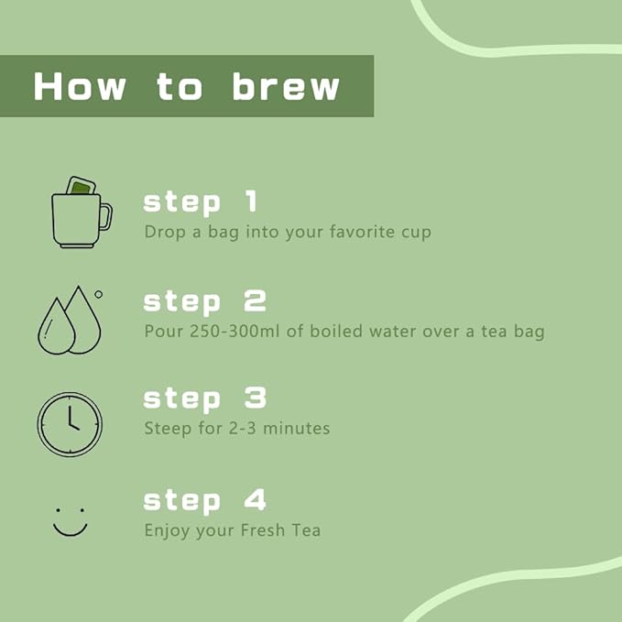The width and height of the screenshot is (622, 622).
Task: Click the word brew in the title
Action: [x=286, y=86]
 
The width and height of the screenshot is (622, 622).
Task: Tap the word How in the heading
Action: [x=80, y=86]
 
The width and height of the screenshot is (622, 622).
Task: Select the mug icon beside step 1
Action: [x=82, y=213]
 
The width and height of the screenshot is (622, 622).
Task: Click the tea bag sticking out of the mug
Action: [x=82, y=186]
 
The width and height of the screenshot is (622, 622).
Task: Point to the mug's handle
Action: [x=106, y=216]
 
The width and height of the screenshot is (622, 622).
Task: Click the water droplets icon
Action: [x=70, y=320]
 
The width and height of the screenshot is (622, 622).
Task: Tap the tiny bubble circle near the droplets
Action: [x=98, y=294]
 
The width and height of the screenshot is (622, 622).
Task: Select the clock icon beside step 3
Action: [x=70, y=424]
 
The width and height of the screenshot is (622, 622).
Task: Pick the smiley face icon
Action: [x=71, y=522]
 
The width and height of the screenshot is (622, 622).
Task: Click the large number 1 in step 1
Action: [x=251, y=201]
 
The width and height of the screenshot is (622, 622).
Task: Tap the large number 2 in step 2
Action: [x=255, y=300]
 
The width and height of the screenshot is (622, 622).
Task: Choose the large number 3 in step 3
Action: [x=255, y=398]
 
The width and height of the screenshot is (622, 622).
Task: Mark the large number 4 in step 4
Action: [x=255, y=500]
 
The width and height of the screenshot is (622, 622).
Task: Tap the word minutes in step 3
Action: [x=296, y=429]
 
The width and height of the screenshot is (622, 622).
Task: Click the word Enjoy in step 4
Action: [x=167, y=531]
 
